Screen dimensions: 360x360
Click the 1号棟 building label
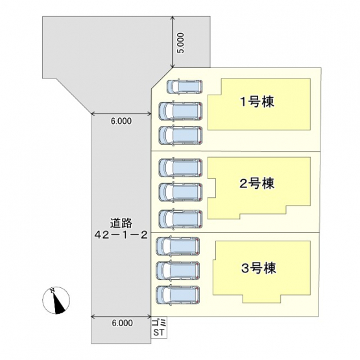coord(257,102)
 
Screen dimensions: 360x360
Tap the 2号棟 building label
coord(257,184)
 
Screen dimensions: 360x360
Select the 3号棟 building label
coord(259,268)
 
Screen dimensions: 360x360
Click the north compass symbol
coord(56,300)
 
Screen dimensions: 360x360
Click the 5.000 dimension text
coord(181,43)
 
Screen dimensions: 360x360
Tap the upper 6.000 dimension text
coord(121,121)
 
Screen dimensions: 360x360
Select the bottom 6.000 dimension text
coord(122,323)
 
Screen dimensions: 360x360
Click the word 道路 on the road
coord(121,223)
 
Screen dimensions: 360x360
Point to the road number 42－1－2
coord(121,235)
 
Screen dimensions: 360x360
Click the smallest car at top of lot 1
coord(185,86)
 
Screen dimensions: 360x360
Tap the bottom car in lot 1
coord(180,135)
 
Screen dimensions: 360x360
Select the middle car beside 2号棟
coord(180,192)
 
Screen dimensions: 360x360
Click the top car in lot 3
coord(178,246)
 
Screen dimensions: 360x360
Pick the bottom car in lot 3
coord(178,295)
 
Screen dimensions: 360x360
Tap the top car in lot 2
coord(180,167)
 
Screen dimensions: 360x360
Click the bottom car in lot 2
coord(180,219)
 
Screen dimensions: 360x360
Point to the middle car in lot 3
coord(178,270)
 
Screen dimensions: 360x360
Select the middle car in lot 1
coord(180,111)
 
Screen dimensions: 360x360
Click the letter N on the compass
coord(53,291)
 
